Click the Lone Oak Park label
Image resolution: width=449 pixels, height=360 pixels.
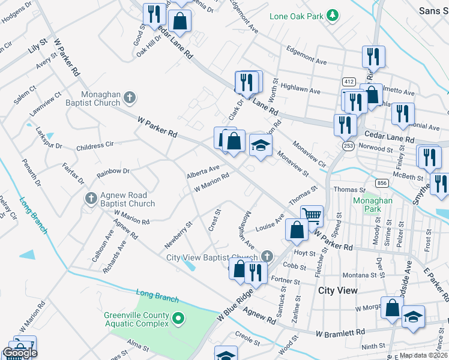[297, 16]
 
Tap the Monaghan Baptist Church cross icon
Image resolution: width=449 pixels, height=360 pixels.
[130, 97]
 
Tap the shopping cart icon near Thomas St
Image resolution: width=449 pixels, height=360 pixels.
[312, 215]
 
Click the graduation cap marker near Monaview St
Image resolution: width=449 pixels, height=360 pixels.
[261, 145]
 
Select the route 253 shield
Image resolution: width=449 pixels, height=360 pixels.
[348, 145]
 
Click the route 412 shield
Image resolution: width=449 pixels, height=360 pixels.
[348, 81]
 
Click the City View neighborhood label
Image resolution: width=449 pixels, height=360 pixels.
[338, 290]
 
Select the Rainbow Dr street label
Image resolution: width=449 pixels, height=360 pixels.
[113, 173]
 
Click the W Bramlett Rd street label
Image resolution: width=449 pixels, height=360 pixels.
[340, 332]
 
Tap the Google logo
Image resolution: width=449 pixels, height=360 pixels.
[20, 353]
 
